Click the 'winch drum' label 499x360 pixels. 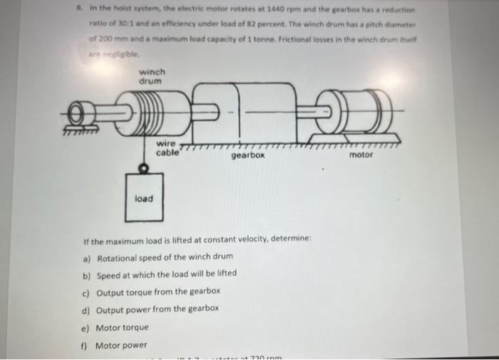tap(151, 77)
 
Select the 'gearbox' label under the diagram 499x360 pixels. tap(248, 154)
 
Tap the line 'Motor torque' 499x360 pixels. tap(122, 327)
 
